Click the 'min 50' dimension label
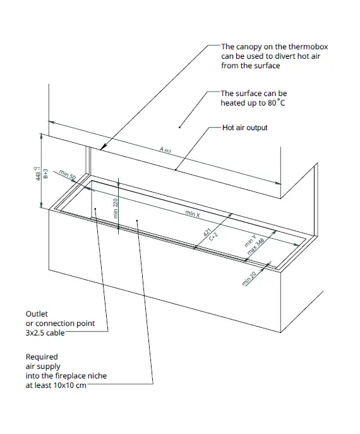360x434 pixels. (66, 175)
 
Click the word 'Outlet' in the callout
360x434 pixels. (37, 313)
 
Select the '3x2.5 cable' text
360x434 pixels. (45, 333)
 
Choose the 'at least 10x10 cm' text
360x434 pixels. (55, 385)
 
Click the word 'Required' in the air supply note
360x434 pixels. (42, 357)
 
